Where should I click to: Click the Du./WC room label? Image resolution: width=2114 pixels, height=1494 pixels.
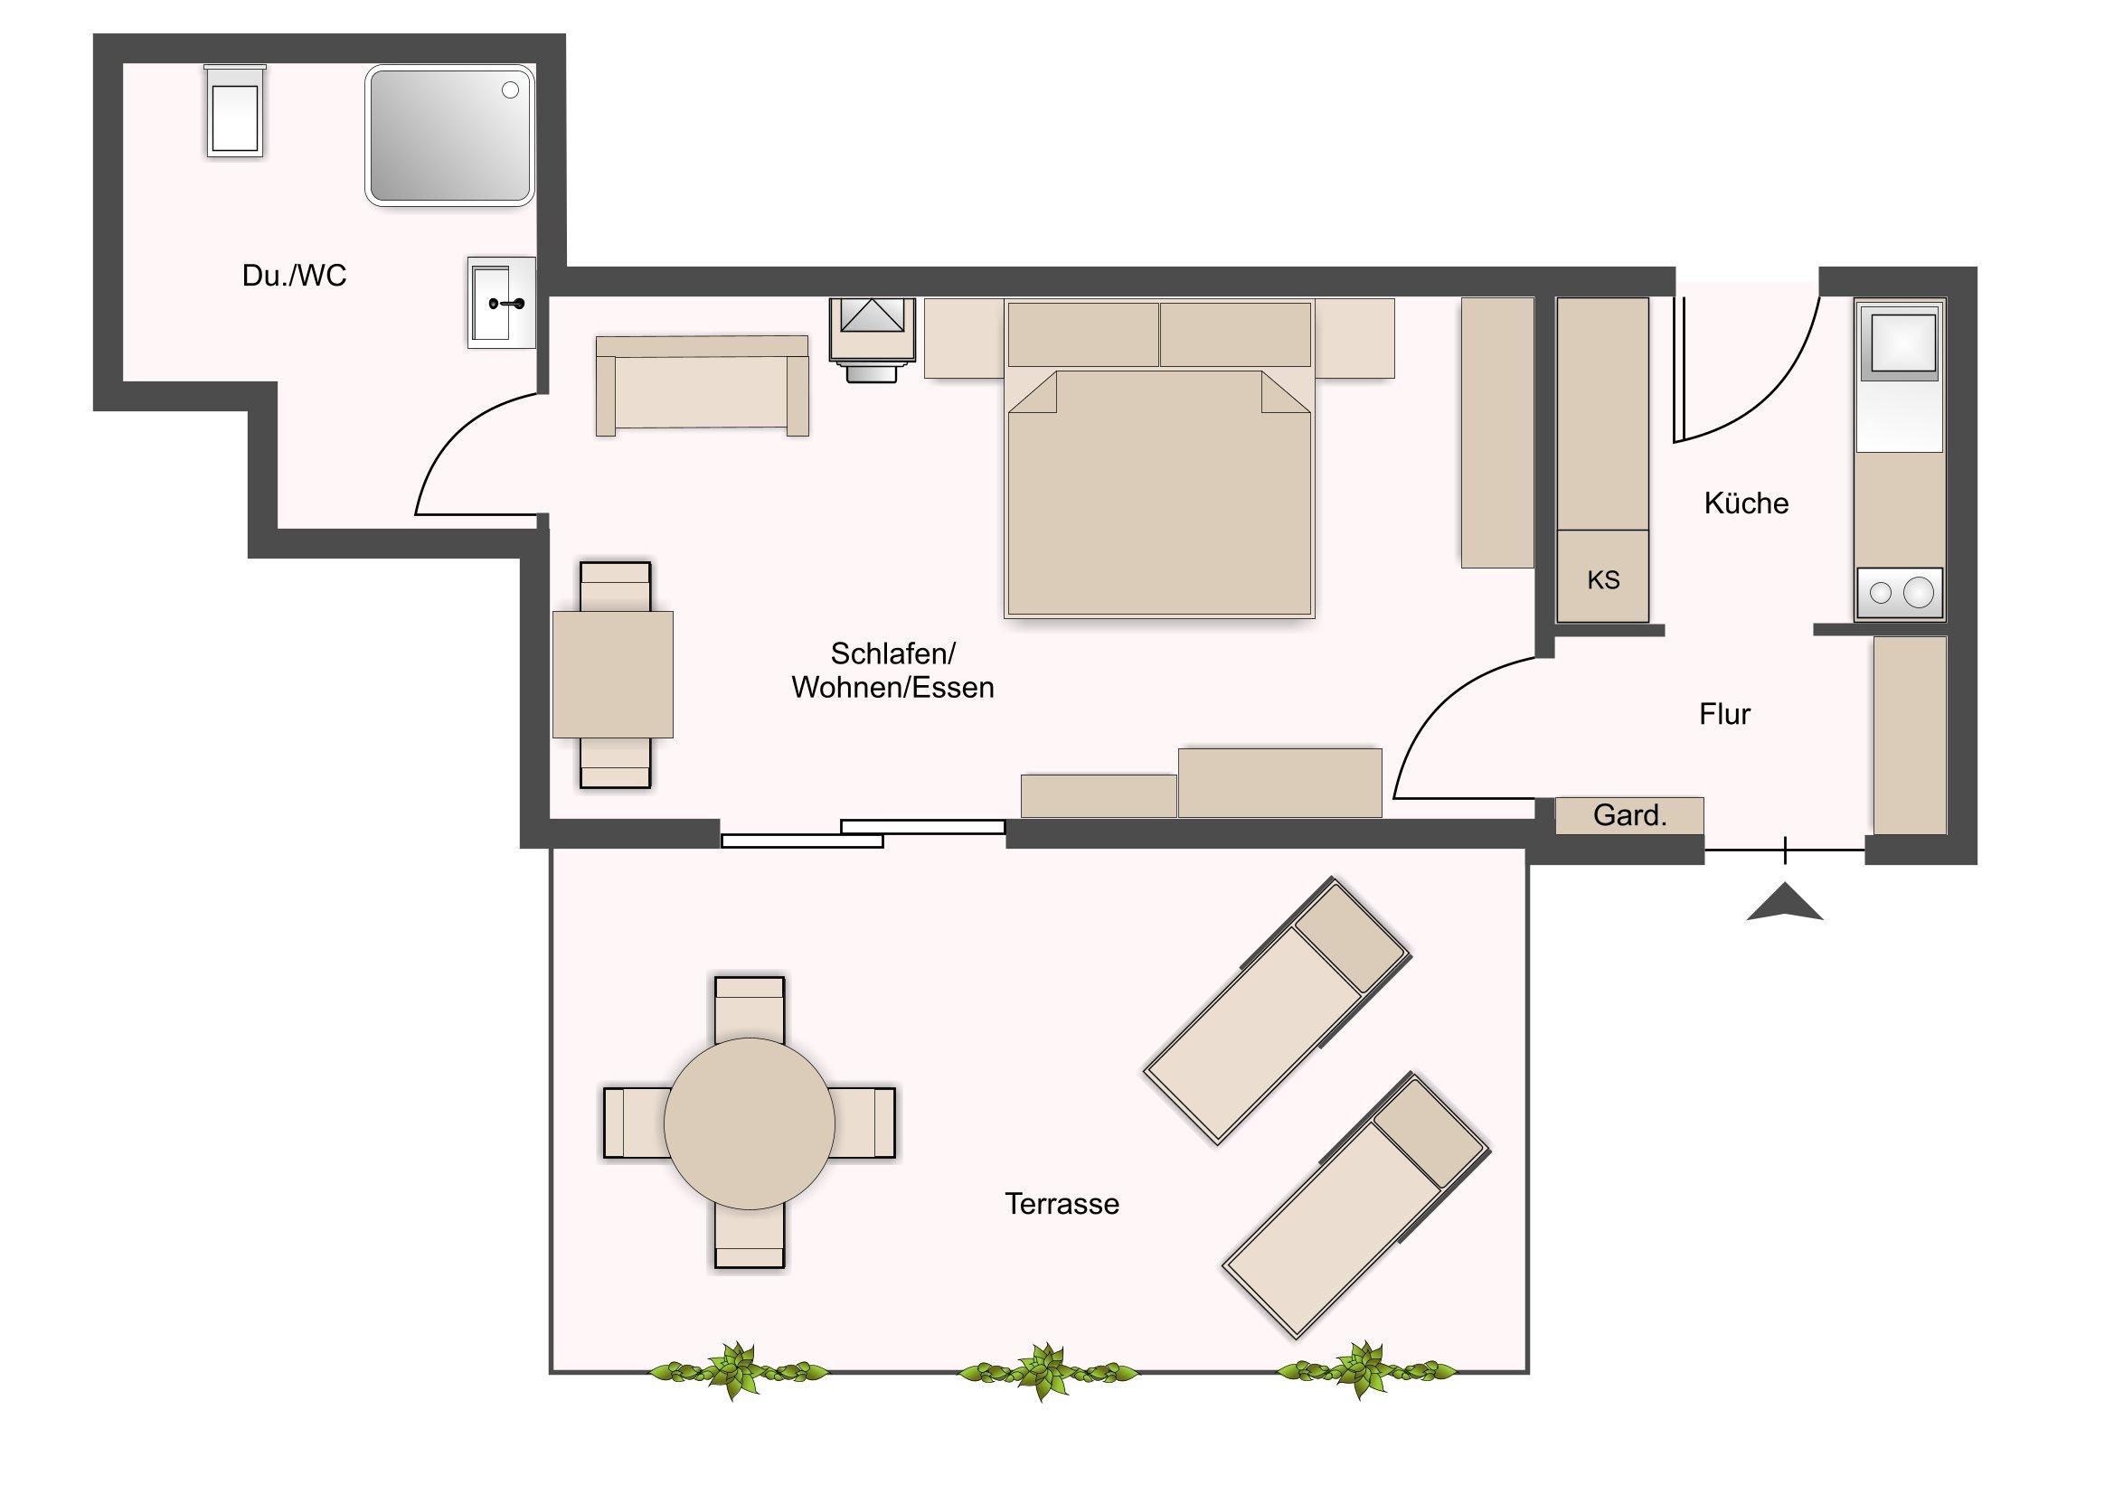(x=294, y=276)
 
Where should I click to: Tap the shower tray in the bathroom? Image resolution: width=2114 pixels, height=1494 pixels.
(x=450, y=135)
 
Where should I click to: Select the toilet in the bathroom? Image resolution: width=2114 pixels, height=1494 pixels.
(x=235, y=110)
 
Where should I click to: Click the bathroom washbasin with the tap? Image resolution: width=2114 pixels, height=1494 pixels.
(x=501, y=302)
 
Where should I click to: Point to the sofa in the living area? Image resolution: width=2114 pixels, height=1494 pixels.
(x=702, y=385)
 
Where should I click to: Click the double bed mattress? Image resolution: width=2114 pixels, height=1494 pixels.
(x=1159, y=493)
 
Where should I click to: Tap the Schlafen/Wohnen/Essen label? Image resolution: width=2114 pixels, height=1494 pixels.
(x=892, y=670)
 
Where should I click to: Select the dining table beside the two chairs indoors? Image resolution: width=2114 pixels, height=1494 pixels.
(x=612, y=674)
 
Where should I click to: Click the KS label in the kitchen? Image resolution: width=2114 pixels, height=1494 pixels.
(x=1603, y=580)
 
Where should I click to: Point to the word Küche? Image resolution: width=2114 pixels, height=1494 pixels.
(x=1746, y=503)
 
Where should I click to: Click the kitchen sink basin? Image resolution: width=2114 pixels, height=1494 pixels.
(x=1899, y=341)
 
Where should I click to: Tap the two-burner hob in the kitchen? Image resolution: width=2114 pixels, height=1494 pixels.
(x=1900, y=593)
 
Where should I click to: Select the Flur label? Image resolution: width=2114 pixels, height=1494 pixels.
(x=1724, y=713)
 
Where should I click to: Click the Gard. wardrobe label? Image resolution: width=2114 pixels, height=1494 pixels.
(x=1629, y=815)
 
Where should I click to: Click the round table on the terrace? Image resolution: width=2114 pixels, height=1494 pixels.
(x=750, y=1123)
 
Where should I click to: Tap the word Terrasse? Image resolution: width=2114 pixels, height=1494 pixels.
(x=1062, y=1204)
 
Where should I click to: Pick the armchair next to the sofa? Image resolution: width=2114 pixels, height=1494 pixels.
(x=873, y=339)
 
